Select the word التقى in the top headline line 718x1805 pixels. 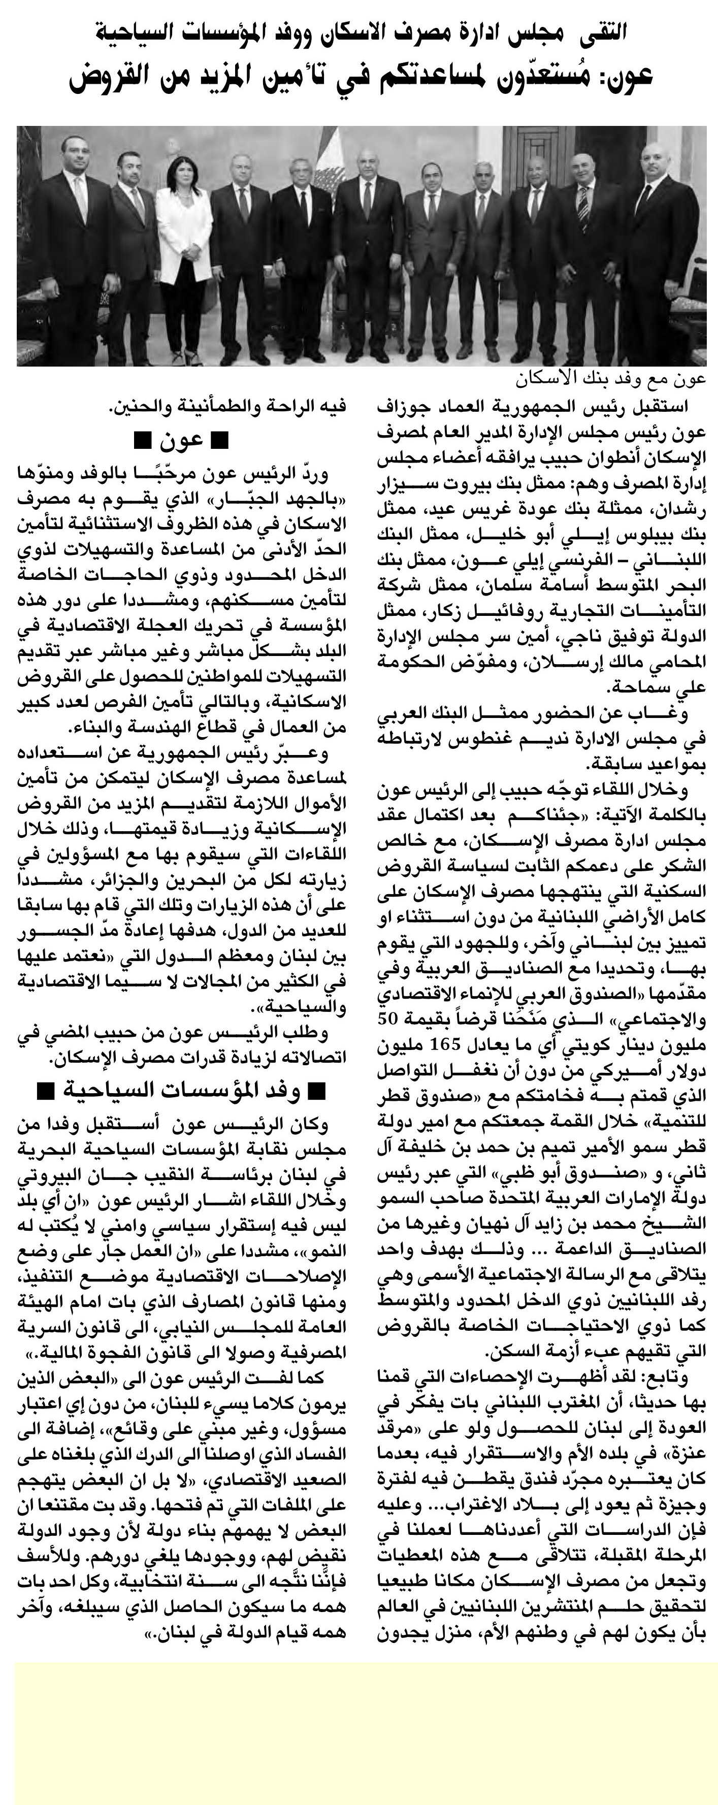604,31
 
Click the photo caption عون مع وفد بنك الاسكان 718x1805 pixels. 609,379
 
